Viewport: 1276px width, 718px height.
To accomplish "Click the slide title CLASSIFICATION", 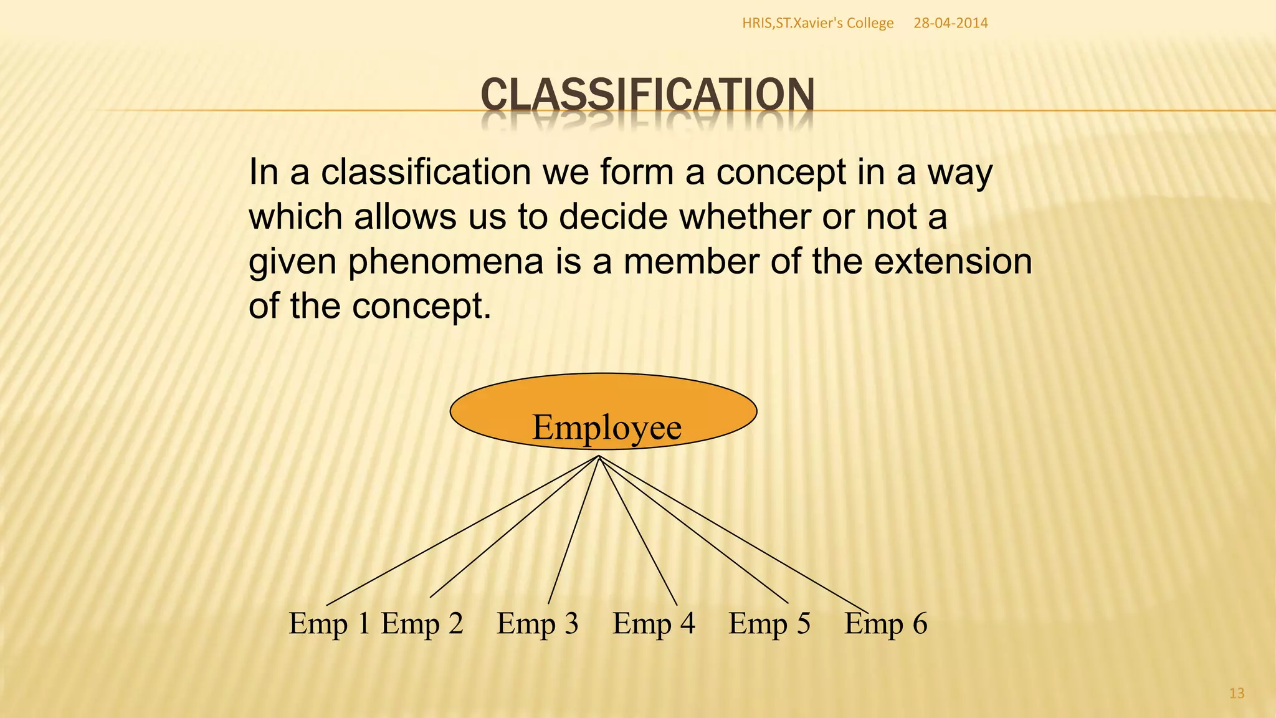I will (x=647, y=95).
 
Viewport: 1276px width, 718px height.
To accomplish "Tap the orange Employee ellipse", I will (x=603, y=411).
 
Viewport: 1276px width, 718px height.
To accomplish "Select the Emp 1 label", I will (x=330, y=623).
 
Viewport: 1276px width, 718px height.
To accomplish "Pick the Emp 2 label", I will (x=422, y=623).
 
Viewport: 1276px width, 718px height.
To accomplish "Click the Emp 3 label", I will (x=538, y=623).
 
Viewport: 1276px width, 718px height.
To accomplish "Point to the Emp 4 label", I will (x=654, y=623).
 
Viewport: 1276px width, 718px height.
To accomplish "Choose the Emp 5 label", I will (x=769, y=623).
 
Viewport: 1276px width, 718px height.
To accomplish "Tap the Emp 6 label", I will (x=886, y=623).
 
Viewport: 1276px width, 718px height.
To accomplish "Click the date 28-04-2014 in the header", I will (x=950, y=23).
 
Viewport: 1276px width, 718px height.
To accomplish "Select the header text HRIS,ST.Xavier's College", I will (x=817, y=23).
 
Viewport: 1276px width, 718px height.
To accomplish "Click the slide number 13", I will (x=1237, y=693).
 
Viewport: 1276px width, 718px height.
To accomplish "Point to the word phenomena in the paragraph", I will (x=445, y=262).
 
